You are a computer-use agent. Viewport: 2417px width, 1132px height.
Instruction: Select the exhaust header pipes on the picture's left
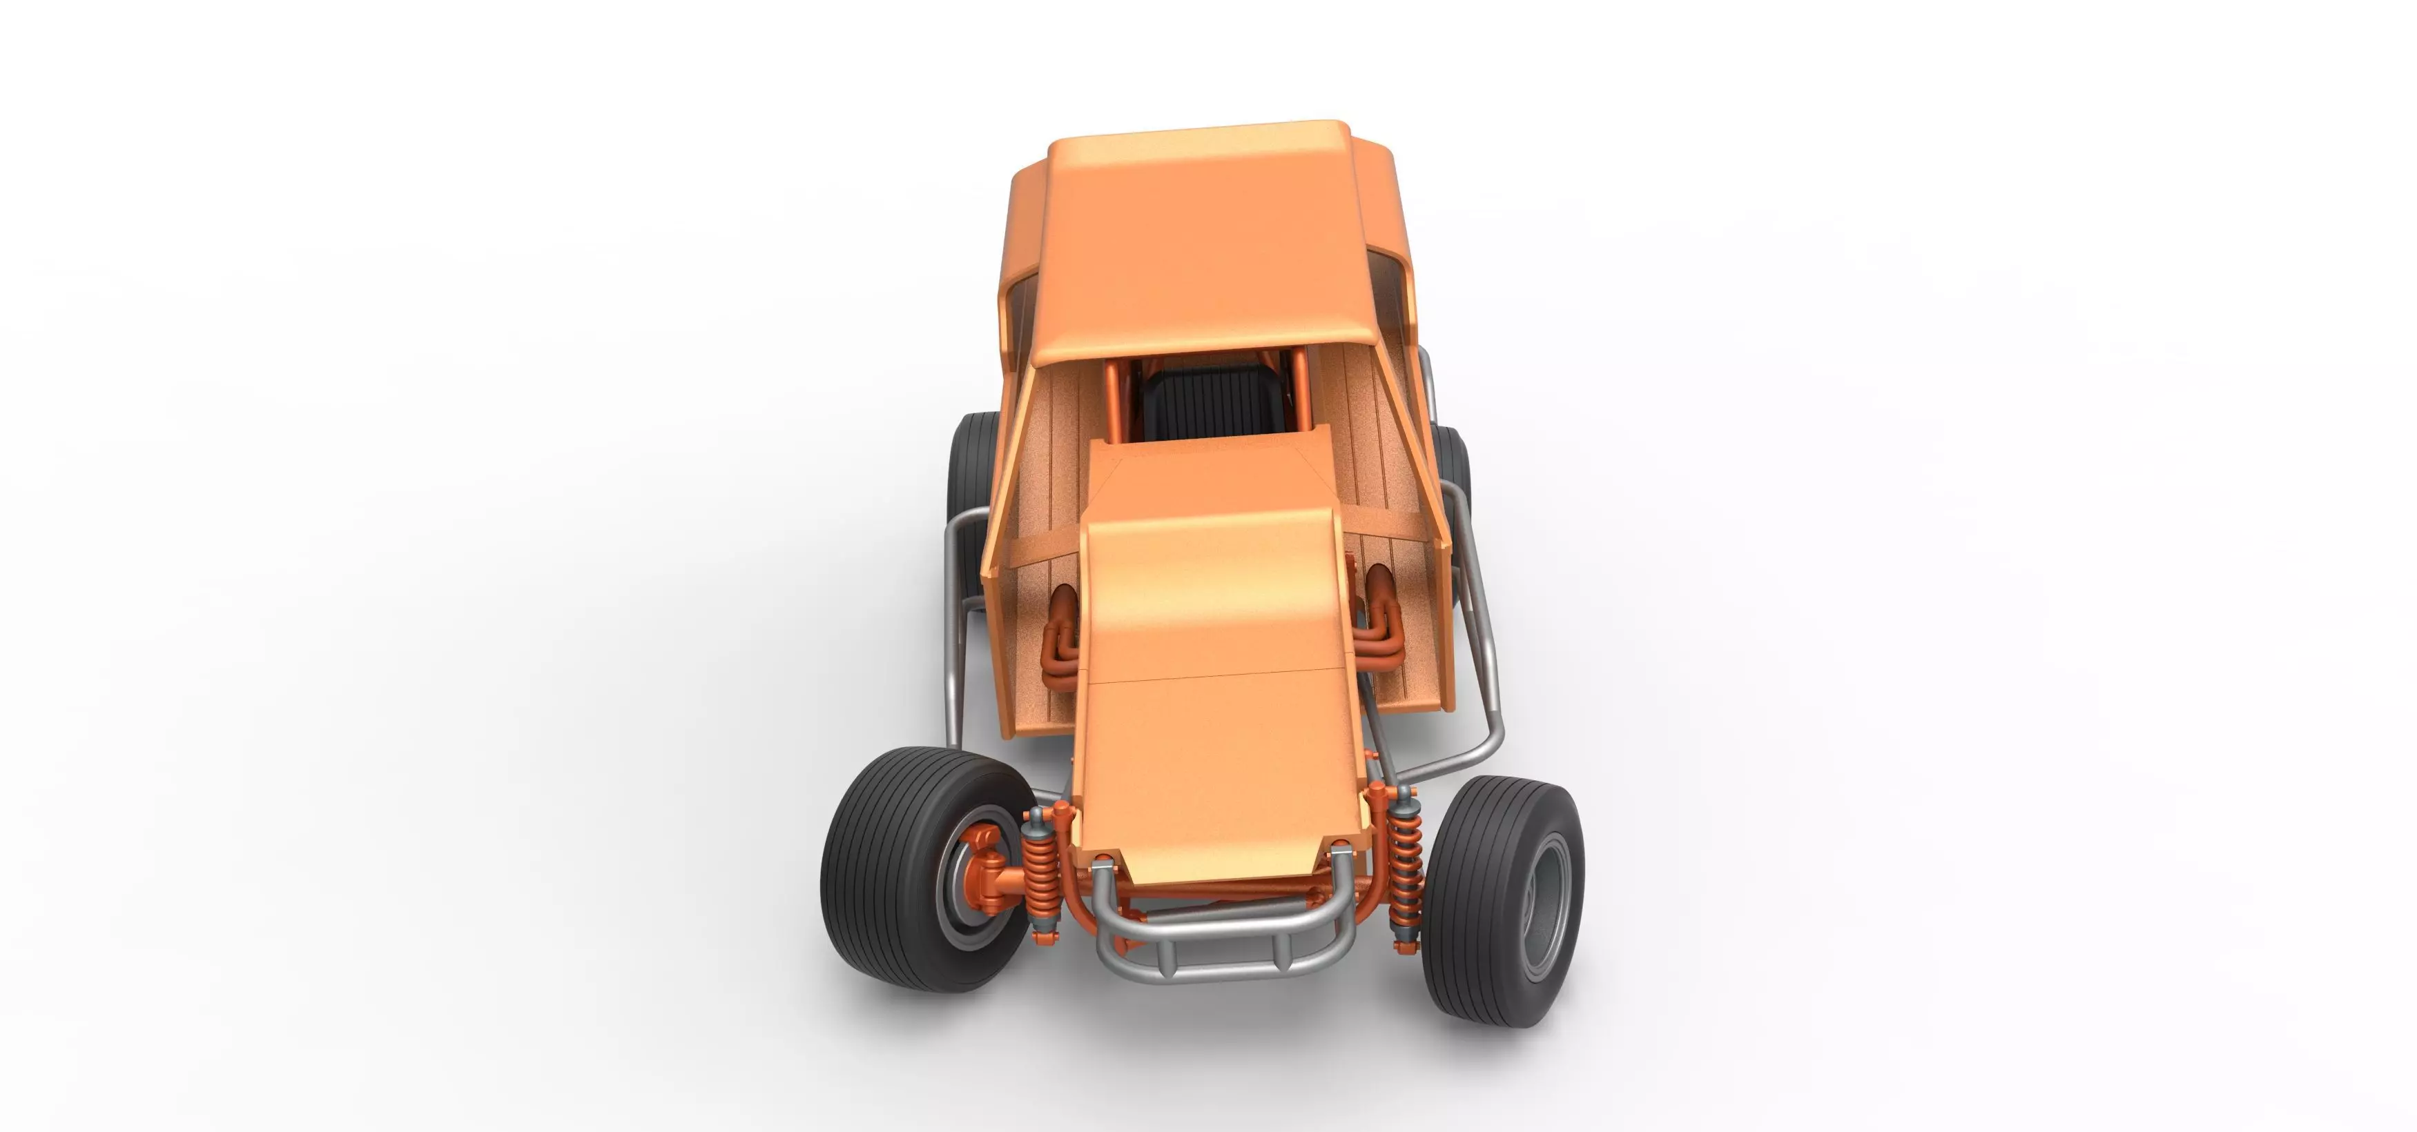tap(1060, 647)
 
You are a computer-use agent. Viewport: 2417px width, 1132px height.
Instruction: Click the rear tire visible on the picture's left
tap(971, 469)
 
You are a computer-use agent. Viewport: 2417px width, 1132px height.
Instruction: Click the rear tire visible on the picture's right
tap(1453, 469)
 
